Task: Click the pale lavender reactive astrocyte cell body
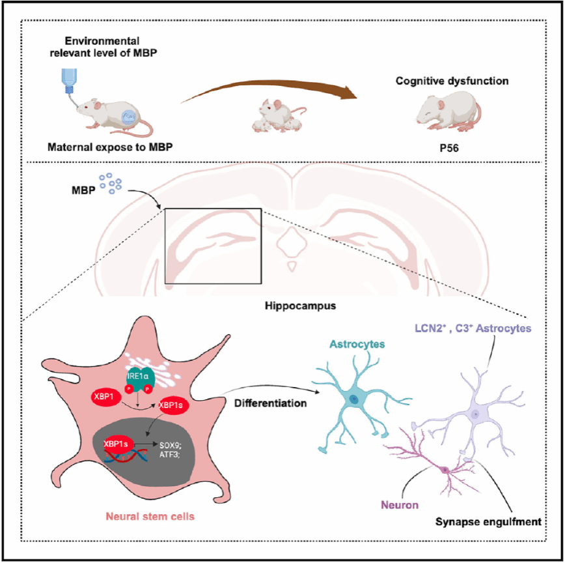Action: [x=475, y=414]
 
